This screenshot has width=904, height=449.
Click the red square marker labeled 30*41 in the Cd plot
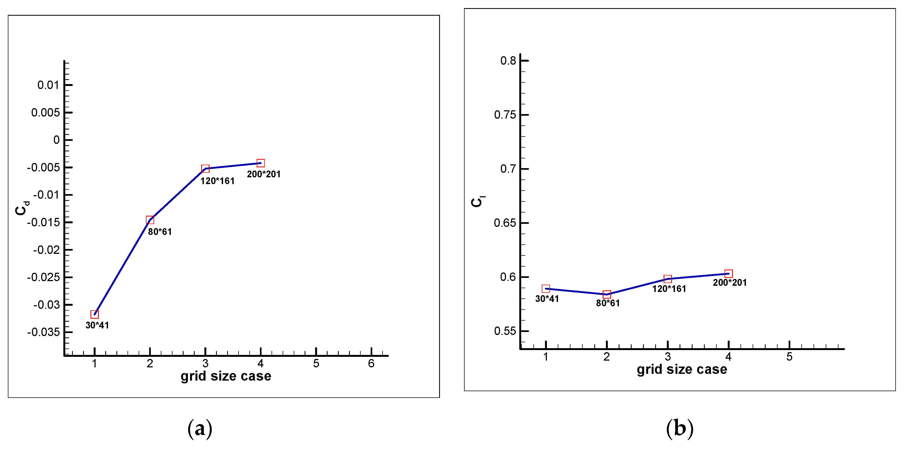pos(94,314)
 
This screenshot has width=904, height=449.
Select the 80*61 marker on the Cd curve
pos(150,220)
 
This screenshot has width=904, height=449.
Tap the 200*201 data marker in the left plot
pos(260,163)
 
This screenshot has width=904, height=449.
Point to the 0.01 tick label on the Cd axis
pos(48,85)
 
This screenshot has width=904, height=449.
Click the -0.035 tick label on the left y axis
pos(44,332)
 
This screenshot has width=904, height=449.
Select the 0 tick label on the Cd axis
pos(57,140)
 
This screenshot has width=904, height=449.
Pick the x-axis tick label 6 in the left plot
pos(371,364)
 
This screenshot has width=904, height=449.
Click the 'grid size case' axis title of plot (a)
pos(226,376)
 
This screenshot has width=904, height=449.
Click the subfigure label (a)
pos(200,428)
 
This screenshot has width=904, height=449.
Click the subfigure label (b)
pos(679,428)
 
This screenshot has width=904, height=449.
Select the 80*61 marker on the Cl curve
pos(607,294)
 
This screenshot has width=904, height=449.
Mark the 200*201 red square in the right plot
pos(729,273)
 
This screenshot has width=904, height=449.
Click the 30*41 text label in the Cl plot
pos(547,299)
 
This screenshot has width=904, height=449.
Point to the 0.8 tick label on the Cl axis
pos(508,61)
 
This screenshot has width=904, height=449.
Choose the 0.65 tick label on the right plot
pos(505,223)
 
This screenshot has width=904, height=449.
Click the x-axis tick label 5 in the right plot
pos(789,357)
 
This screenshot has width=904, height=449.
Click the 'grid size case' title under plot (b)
pos(682,370)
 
